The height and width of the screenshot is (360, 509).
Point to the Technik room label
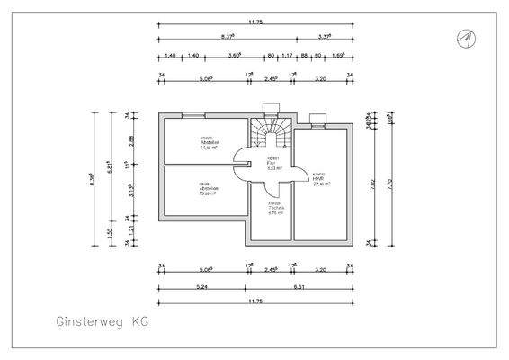275,207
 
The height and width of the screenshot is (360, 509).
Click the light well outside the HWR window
316,118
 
